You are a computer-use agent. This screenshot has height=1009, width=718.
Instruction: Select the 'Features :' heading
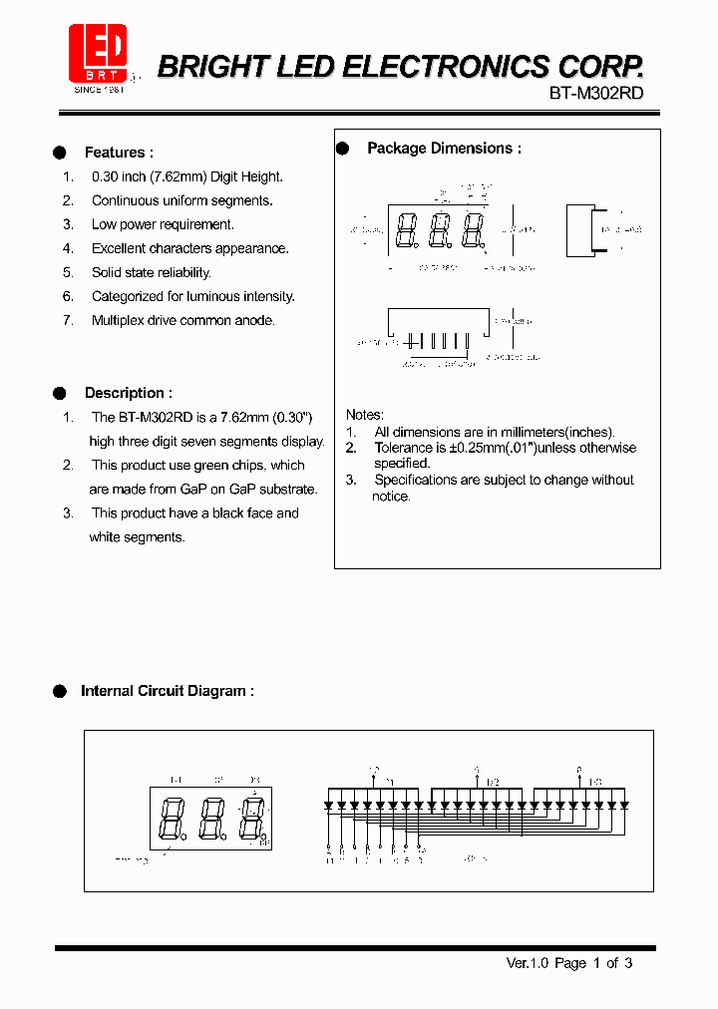tap(119, 153)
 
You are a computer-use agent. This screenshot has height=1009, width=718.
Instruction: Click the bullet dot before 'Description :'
tap(60, 393)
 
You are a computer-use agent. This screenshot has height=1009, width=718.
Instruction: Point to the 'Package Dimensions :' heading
tap(444, 149)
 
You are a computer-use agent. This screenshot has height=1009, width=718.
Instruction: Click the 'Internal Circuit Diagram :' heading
tap(167, 691)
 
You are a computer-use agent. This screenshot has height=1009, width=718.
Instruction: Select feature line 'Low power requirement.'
tap(163, 224)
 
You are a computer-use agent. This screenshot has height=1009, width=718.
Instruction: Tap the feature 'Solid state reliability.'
tap(152, 272)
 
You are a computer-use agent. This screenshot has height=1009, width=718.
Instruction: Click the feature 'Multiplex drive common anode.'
tap(182, 320)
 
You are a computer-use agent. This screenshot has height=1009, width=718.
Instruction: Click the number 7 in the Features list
tap(67, 320)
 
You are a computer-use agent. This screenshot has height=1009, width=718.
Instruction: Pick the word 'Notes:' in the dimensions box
tap(365, 415)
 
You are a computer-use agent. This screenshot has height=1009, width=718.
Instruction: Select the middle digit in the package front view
tap(440, 231)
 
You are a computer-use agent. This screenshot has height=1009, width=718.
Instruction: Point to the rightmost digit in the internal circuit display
tap(252, 819)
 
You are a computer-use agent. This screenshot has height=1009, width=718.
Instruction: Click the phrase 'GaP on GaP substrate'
tap(249, 490)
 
